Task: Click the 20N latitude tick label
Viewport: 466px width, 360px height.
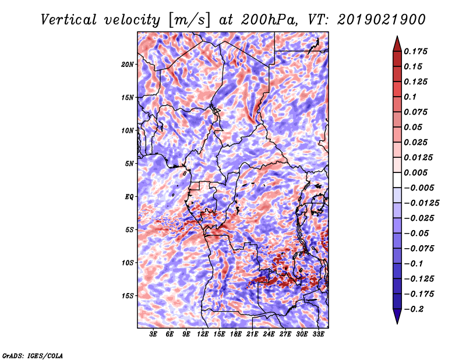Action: coord(128,64)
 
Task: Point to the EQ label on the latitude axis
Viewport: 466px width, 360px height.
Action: coord(129,197)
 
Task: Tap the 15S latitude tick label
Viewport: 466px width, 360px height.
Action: coord(128,296)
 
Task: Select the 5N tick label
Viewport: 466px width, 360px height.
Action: coord(129,164)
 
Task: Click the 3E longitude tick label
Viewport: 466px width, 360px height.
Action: coord(153,334)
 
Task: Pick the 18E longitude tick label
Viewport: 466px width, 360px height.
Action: coord(236,334)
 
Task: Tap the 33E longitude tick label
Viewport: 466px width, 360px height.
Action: coord(318,334)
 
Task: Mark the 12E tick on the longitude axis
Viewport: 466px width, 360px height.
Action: coord(203,334)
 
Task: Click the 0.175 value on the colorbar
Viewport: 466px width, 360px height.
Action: coord(415,51)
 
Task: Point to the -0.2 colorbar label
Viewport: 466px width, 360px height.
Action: coord(414,309)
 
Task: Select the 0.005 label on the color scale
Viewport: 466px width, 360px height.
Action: coord(415,172)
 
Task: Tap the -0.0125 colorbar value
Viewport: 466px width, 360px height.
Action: coord(421,203)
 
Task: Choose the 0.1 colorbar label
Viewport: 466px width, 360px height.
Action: coord(410,97)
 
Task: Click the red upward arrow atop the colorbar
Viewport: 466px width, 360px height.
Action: coord(397,44)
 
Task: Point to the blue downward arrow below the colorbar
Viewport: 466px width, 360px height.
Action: coord(397,316)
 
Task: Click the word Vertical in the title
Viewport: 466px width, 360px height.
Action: coord(68,20)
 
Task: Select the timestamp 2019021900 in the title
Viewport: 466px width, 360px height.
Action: coord(382,20)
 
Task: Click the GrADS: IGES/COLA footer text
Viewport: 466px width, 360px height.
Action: coord(33,356)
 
